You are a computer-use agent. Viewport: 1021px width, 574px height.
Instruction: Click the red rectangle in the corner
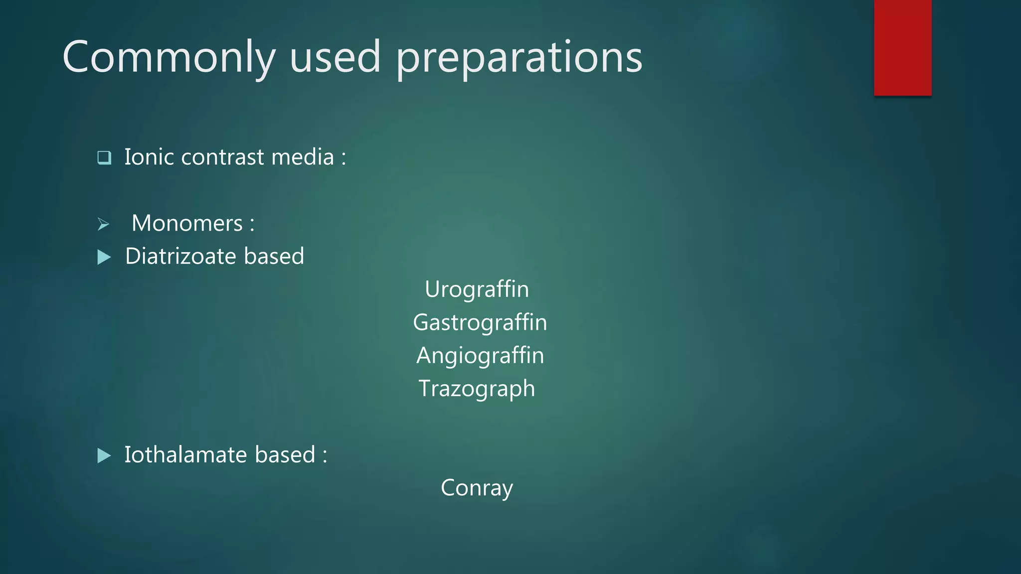tap(902, 47)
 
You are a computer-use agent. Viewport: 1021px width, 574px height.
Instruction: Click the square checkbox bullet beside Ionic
tap(104, 157)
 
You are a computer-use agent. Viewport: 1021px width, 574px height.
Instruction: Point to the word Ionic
tap(149, 157)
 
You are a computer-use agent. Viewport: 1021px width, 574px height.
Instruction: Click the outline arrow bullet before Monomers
tap(103, 224)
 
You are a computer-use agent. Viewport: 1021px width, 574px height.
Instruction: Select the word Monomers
tap(187, 223)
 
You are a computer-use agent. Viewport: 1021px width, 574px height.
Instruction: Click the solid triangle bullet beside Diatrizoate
tap(104, 257)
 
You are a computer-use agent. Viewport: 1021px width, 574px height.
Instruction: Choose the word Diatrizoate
tap(180, 256)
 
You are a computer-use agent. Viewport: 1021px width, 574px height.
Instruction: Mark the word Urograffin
tap(477, 289)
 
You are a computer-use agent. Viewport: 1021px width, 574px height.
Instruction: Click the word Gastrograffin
tap(480, 322)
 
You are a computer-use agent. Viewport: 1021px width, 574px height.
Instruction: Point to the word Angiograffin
tap(480, 356)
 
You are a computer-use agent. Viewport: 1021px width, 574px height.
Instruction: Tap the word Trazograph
tap(477, 389)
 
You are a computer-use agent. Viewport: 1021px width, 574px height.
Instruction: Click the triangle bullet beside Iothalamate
tap(104, 455)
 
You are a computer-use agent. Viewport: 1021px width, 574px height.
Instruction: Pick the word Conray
tap(477, 488)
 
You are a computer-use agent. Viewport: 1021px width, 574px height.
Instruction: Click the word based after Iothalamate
tap(285, 454)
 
